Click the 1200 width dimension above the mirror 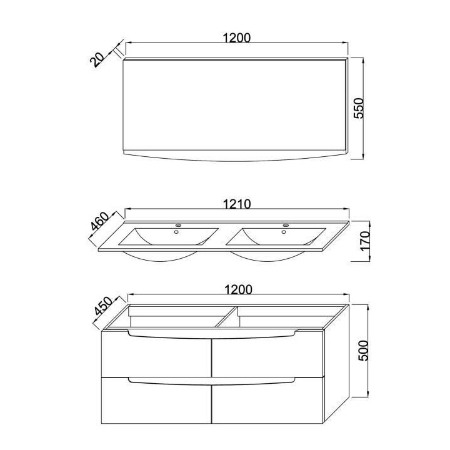tap(236, 37)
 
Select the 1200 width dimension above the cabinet tap(236, 289)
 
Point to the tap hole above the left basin tap(177, 226)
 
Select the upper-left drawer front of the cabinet tap(156, 356)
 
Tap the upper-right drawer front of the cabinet tap(267, 356)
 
